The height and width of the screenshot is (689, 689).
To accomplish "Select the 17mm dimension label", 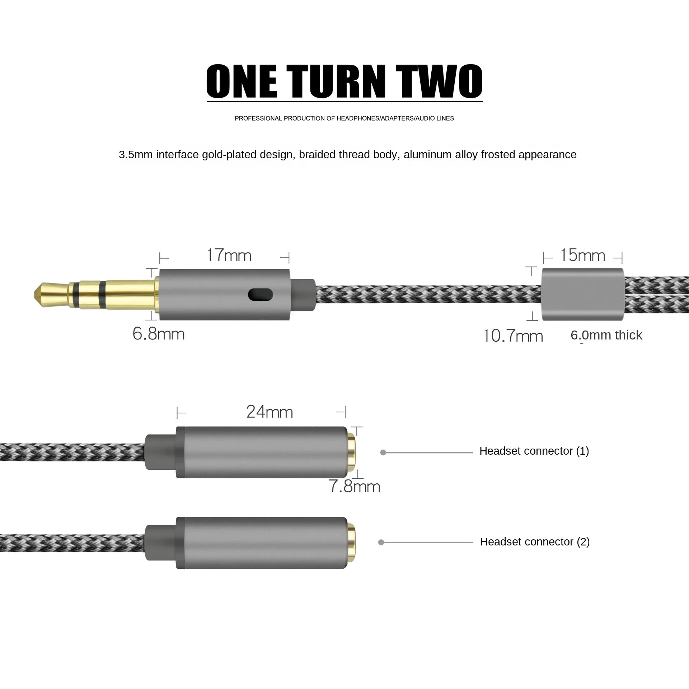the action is pos(229,256).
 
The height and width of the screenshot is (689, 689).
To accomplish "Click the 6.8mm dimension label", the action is pos(159,334).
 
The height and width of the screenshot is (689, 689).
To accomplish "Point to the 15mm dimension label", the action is pos(583,256).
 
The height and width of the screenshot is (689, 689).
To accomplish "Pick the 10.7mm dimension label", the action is pos(513,336).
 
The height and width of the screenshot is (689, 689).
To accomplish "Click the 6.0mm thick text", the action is pos(606,335).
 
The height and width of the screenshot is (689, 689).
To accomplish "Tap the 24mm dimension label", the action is pos(270,412).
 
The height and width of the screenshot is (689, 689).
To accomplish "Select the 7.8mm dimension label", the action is pos(355,486).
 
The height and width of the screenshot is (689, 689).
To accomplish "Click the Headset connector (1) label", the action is pos(534,451).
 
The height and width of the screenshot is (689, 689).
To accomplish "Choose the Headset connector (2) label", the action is pos(535,542).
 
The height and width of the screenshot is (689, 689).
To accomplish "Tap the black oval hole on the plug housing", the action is pos(261,295).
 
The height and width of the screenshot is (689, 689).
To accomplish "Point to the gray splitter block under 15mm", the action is pos(583,294).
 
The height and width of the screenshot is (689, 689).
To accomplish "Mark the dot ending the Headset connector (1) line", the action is pos(383,453).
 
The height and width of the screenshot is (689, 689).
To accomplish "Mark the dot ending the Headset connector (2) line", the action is pos(381,542).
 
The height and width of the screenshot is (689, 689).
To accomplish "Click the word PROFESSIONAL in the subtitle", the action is pos(258,118).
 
